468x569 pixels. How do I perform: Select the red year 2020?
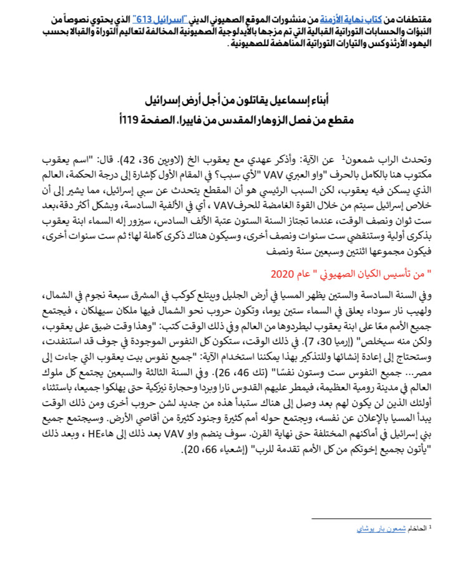click(281, 257)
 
